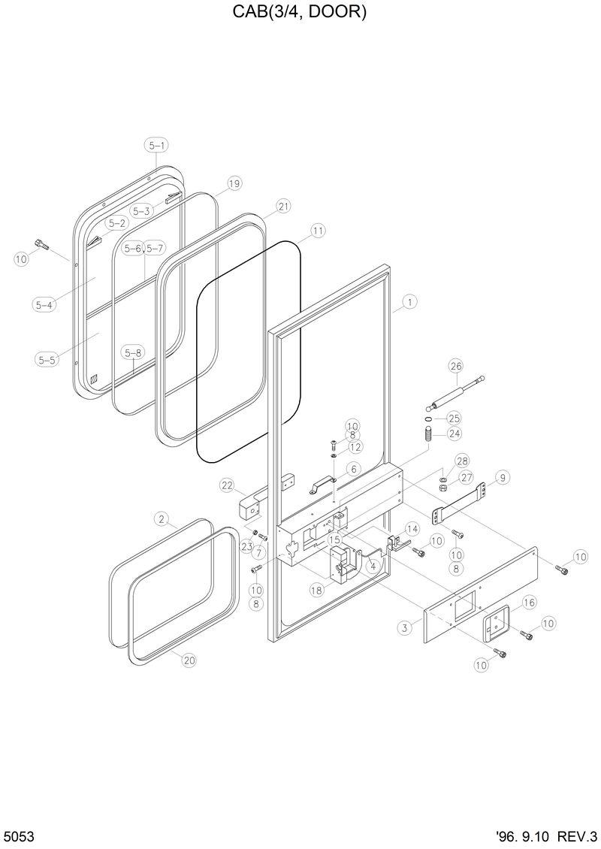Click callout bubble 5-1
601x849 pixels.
tap(157, 145)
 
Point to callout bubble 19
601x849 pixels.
tap(234, 183)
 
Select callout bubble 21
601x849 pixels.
tap(283, 206)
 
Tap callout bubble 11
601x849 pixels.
tap(318, 231)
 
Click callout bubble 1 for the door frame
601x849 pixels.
tap(409, 302)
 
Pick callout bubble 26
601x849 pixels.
tap(455, 366)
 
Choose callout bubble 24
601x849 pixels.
tap(455, 433)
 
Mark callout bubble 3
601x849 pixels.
tap(405, 627)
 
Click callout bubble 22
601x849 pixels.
tap(228, 485)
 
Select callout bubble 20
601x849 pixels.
tap(189, 660)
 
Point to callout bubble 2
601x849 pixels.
tap(161, 518)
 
